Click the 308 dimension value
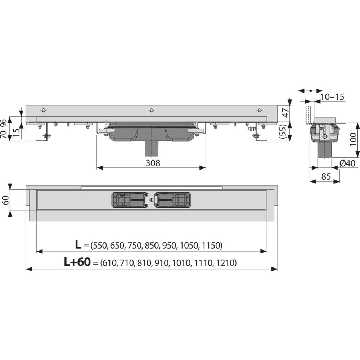[x=153, y=163]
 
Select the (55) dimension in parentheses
[x=284, y=131]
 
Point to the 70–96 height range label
[x=4, y=129]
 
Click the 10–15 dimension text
[x=332, y=97]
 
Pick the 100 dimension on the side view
[x=354, y=139]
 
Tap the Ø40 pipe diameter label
[x=347, y=163]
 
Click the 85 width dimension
[x=326, y=176]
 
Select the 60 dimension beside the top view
[x=5, y=200]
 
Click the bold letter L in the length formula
[x=78, y=244]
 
